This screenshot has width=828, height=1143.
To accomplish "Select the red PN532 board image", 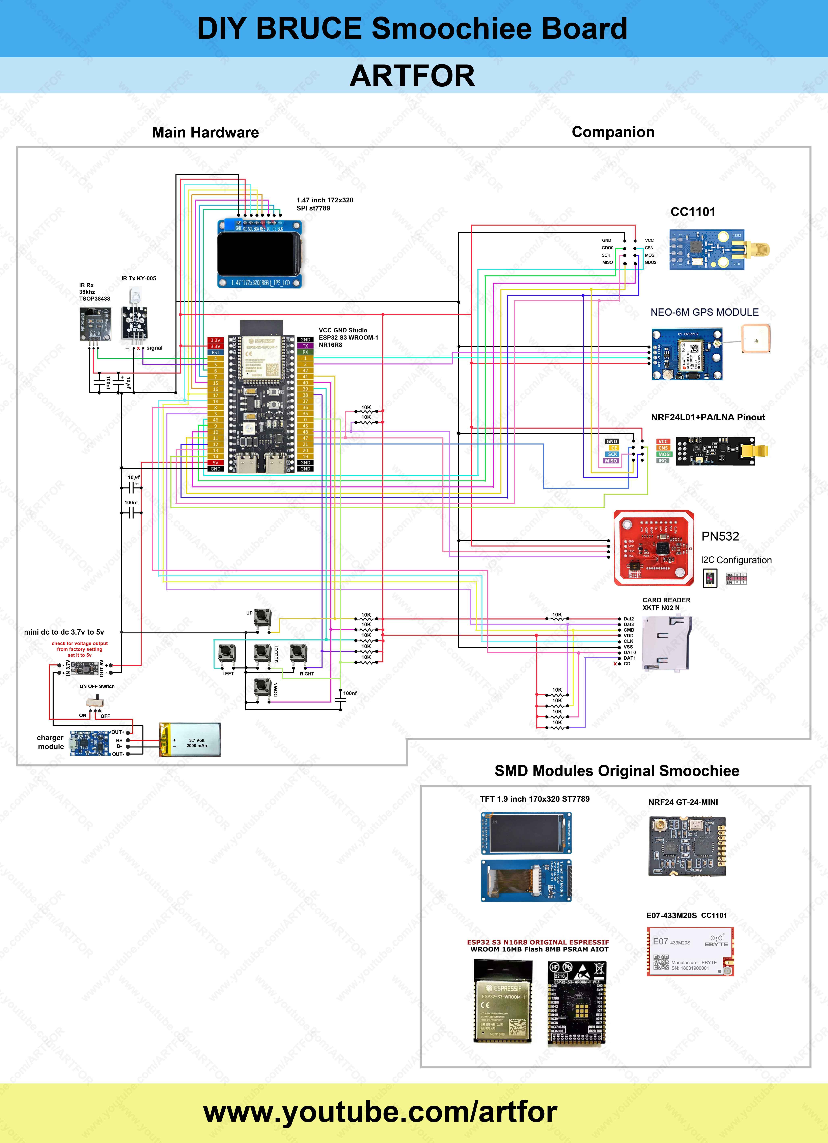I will coord(654,548).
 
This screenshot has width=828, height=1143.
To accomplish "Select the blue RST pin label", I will coord(215,352).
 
